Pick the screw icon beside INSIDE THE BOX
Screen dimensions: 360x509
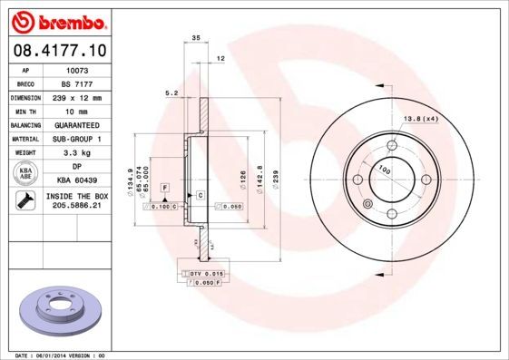(24, 202)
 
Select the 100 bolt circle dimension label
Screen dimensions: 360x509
(384, 170)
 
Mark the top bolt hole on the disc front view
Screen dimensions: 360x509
(392, 144)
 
